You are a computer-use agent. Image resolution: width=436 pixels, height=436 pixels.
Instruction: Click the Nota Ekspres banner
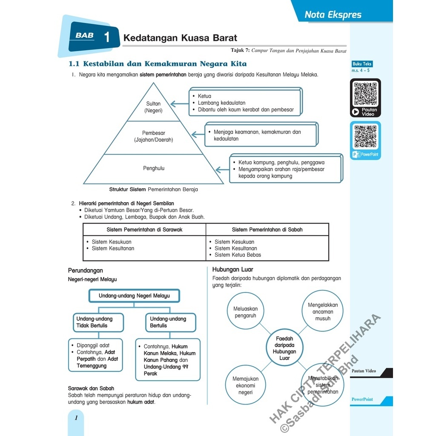coord(333,15)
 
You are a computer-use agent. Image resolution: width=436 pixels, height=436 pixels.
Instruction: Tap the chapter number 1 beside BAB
coord(106,37)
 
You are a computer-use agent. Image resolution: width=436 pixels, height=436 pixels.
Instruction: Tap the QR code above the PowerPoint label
coord(365,136)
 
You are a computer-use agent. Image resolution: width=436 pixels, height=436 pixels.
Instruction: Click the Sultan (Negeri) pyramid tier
coord(153,107)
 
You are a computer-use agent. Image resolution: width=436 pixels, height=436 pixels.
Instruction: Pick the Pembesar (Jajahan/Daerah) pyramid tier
coord(153,136)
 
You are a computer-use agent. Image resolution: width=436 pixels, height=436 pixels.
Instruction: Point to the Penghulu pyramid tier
coord(153,168)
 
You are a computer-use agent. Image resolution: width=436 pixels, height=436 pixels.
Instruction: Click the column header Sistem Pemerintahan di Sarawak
coord(144,229)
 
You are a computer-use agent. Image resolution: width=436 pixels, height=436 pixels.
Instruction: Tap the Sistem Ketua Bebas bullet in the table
coord(238,255)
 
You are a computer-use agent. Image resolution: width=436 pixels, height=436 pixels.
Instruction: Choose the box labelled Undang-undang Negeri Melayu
coord(134,295)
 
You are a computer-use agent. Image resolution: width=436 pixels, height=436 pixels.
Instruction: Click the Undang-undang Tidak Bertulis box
coord(98,322)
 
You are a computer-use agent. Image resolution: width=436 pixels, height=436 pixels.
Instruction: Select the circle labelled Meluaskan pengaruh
coord(245,312)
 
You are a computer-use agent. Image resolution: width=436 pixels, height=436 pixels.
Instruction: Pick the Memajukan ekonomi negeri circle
coord(245,385)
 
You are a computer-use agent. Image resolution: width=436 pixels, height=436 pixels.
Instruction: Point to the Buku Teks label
coord(362,64)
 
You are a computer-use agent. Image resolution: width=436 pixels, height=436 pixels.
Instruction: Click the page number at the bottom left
coord(76,418)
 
